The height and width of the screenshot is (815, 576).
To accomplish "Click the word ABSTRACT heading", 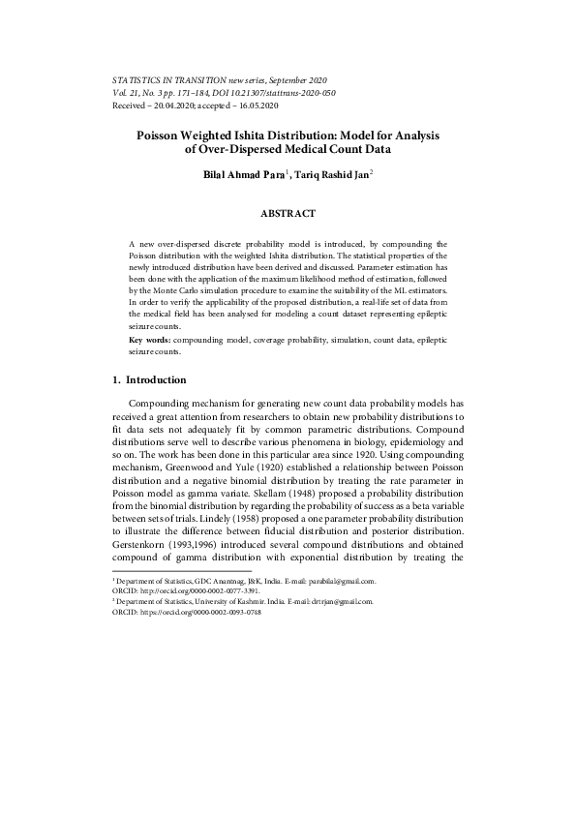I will (288, 212).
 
